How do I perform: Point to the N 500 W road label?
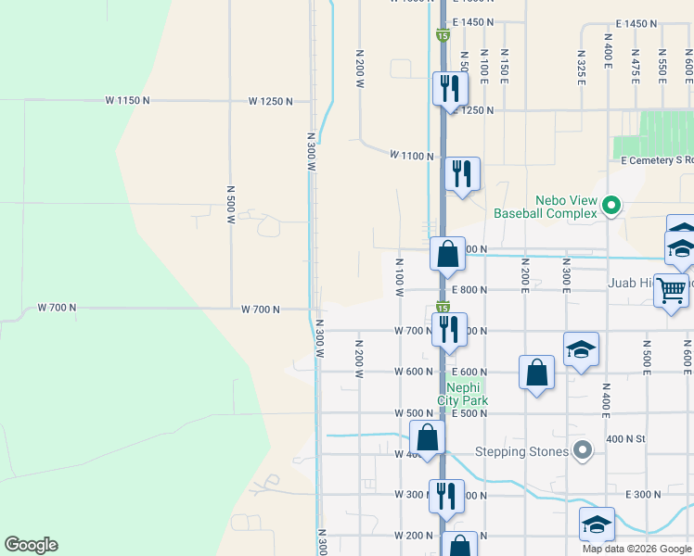pos(230,205)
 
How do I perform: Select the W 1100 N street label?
pos(412,156)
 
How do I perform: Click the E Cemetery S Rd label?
pos(657,160)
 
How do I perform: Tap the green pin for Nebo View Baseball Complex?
pos(611,205)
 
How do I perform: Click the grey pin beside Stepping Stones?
pos(583,451)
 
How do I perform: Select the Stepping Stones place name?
pos(521,452)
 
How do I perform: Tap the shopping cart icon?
pos(672,290)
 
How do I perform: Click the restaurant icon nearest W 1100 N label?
pos(461,173)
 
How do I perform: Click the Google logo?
pos(31,545)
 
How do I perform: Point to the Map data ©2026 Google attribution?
pos(636,549)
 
